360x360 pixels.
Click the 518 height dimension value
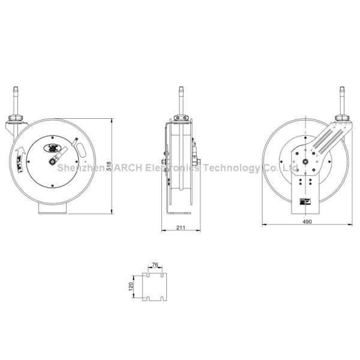(x=109, y=166)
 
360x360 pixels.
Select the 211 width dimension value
(x=181, y=226)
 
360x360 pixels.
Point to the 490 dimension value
(x=306, y=221)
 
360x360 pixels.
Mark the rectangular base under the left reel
(x=52, y=208)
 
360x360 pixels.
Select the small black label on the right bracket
(x=305, y=203)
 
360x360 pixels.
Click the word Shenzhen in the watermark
(x=76, y=169)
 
